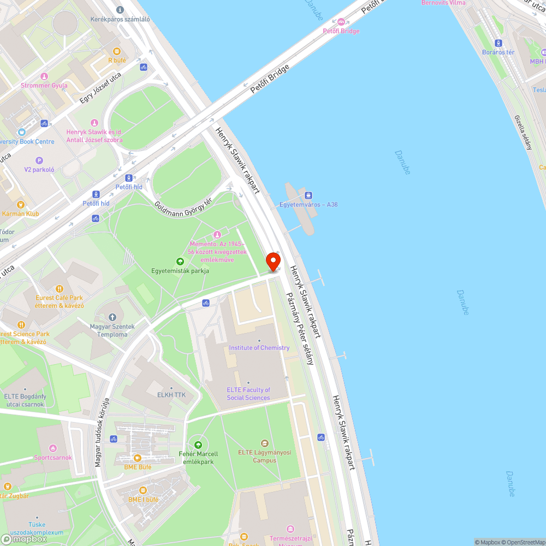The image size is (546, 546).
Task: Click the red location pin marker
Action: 273,261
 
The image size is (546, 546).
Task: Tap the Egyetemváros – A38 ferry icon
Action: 308,195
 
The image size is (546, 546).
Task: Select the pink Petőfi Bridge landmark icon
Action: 341,22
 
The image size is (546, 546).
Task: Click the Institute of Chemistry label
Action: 259,348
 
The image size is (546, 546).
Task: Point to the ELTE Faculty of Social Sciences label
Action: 248,394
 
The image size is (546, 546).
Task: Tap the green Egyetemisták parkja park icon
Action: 180,262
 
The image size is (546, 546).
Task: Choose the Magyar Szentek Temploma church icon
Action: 112,317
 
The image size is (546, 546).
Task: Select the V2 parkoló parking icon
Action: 39,161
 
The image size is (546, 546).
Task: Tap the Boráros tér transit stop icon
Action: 498,43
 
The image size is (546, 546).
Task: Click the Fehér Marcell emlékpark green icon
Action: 198,445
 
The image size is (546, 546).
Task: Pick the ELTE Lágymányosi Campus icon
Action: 265,443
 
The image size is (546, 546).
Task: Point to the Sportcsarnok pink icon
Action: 53,448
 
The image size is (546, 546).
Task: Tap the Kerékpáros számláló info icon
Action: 120,10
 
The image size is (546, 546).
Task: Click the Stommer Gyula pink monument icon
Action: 44,76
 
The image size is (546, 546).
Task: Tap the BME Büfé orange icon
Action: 138,458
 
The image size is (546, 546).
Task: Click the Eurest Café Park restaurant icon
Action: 60,288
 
